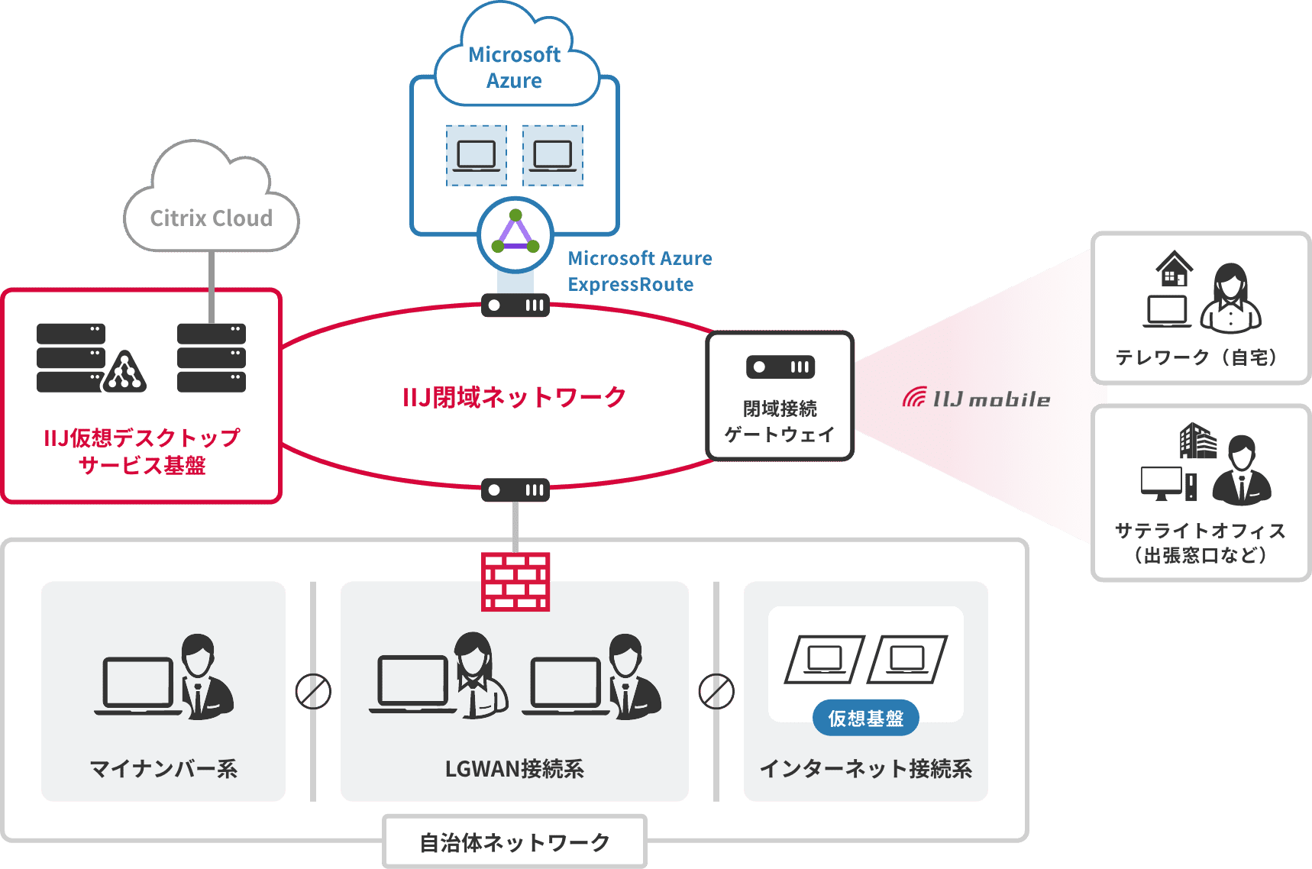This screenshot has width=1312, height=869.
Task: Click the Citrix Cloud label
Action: point(211,218)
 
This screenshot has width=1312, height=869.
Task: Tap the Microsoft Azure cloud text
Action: point(514,68)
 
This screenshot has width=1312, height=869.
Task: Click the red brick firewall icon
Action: point(515,582)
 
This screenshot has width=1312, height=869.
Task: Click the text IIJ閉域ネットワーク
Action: point(514,397)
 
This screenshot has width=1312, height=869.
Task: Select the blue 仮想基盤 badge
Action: point(865,718)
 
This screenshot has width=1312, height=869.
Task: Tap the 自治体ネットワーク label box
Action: point(514,842)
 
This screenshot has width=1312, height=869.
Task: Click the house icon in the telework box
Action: point(1174,269)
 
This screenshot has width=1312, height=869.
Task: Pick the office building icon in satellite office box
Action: point(1197,441)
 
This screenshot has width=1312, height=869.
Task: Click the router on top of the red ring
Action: point(515,305)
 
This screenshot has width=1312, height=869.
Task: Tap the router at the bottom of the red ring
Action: point(515,490)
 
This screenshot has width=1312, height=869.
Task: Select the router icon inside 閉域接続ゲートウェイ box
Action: point(780,367)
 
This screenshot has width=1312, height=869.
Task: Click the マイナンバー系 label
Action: point(163,768)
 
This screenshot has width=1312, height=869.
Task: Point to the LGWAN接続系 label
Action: point(514,768)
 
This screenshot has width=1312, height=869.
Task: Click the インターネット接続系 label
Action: point(865,768)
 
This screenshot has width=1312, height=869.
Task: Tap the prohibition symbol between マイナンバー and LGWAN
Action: point(313,691)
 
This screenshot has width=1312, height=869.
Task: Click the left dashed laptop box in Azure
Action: point(477,156)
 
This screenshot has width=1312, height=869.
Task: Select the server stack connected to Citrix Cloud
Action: point(212,357)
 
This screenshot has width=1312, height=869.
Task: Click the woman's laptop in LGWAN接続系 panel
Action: point(412,683)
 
